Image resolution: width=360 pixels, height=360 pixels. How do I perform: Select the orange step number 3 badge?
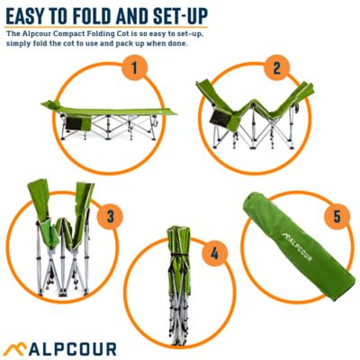pyautogui.click(x=110, y=216)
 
